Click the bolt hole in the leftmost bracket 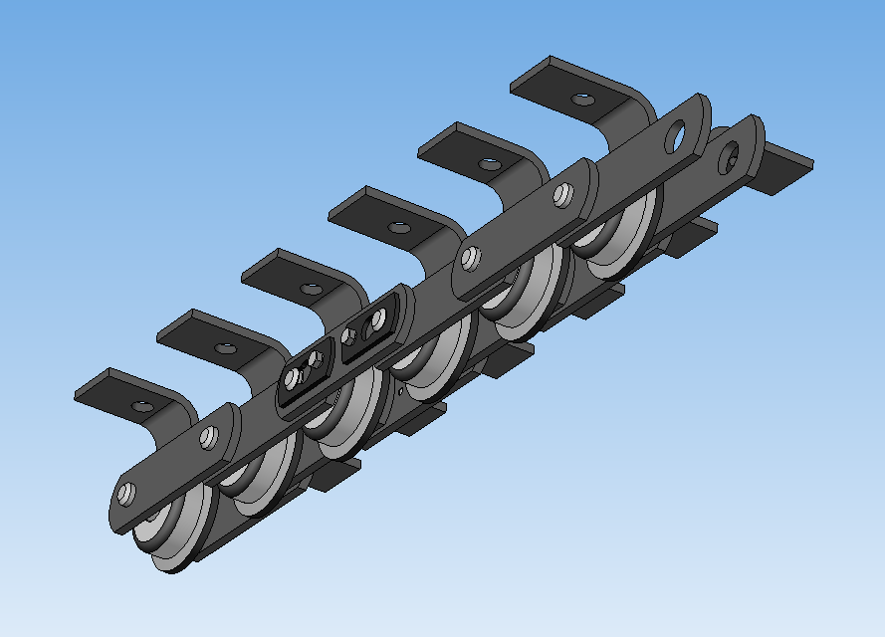[143, 406]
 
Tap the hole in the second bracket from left [227, 349]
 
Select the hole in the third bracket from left [312, 290]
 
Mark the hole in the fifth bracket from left [488, 163]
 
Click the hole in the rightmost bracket [582, 100]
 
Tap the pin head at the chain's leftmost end [125, 493]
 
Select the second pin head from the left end [208, 436]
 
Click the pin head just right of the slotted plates [470, 258]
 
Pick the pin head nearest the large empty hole [563, 195]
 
